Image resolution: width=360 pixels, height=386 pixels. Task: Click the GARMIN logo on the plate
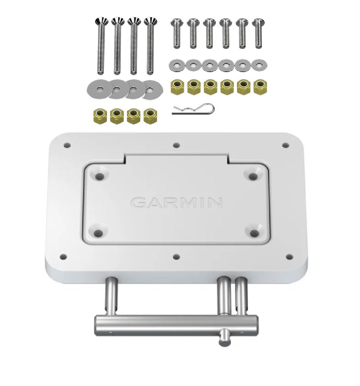176,202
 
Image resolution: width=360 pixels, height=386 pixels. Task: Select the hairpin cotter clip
193,109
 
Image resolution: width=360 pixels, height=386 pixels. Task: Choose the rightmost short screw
258,33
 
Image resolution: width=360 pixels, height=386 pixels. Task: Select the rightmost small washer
259,65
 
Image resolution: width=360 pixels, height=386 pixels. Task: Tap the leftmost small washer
176,65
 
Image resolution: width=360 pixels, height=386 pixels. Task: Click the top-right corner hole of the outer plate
285,145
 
